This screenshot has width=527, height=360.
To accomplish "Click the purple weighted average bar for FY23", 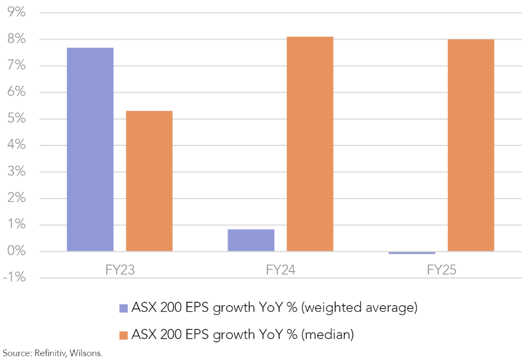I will pyautogui.click(x=90, y=149).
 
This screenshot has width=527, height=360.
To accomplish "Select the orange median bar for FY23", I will pyautogui.click(x=149, y=181).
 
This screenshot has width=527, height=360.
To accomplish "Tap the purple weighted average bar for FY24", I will pyautogui.click(x=251, y=240).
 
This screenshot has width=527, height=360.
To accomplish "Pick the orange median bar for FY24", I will pyautogui.click(x=310, y=144).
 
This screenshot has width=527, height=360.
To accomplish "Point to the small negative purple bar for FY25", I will pyautogui.click(x=411, y=253).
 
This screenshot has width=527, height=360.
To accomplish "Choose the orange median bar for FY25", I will pyautogui.click(x=471, y=145).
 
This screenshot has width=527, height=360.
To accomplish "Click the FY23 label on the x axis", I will pyautogui.click(x=120, y=270).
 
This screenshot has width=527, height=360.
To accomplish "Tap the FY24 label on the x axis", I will pyautogui.click(x=280, y=270).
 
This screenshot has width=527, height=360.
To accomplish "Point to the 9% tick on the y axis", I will pyautogui.click(x=17, y=13).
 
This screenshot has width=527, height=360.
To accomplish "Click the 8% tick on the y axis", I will pyautogui.click(x=17, y=40).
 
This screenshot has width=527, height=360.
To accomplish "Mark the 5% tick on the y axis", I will pyautogui.click(x=17, y=119).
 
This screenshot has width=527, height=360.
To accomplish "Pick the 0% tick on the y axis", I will pyautogui.click(x=17, y=252).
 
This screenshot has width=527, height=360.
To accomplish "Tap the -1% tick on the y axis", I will pyautogui.click(x=15, y=278).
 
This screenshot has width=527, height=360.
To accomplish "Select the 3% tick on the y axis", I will pyautogui.click(x=17, y=172).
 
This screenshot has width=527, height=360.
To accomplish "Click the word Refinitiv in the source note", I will pyautogui.click(x=50, y=353).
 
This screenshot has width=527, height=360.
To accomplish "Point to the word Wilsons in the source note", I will pyautogui.click(x=86, y=353).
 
